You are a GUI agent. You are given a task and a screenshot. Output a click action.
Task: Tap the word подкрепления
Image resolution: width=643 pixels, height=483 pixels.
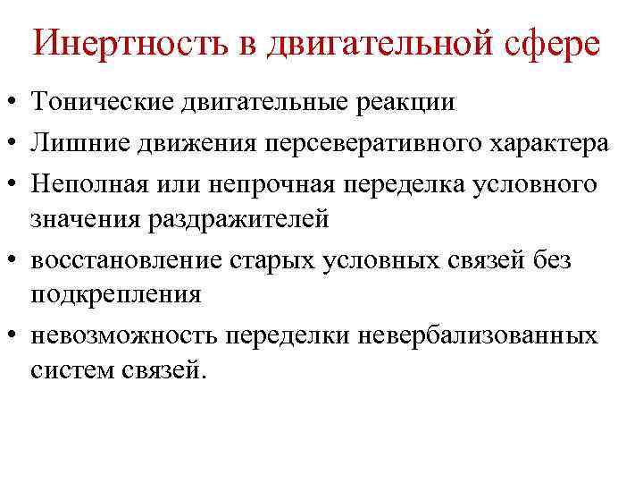pyautogui.click(x=115, y=293)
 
